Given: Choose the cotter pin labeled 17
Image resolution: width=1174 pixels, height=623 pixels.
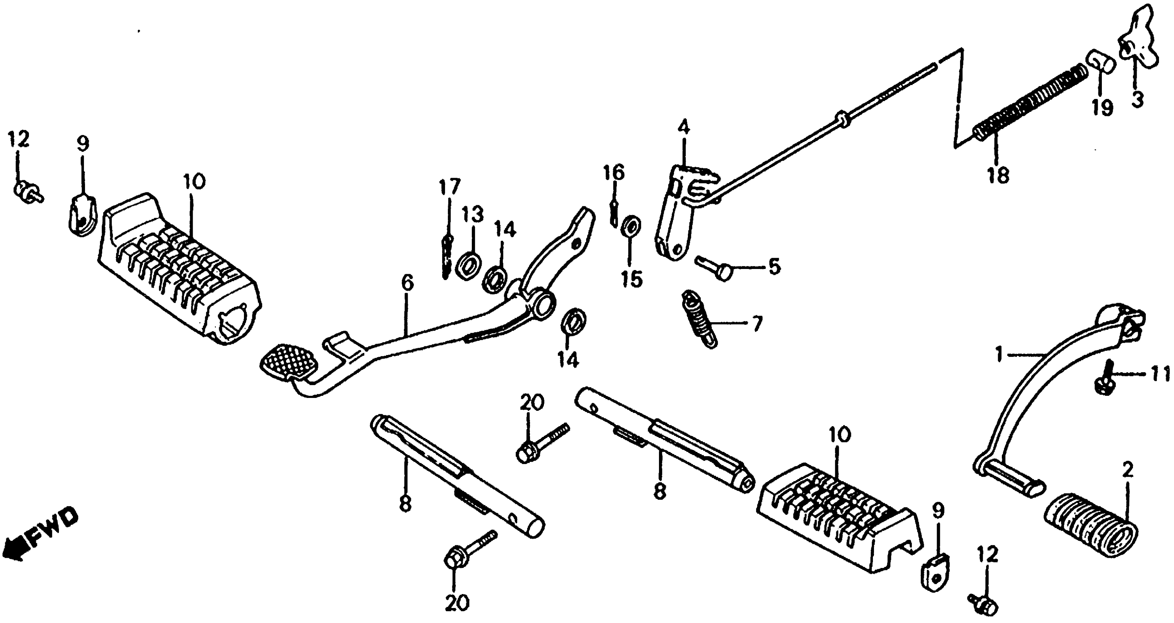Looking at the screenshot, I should tap(447, 258).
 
